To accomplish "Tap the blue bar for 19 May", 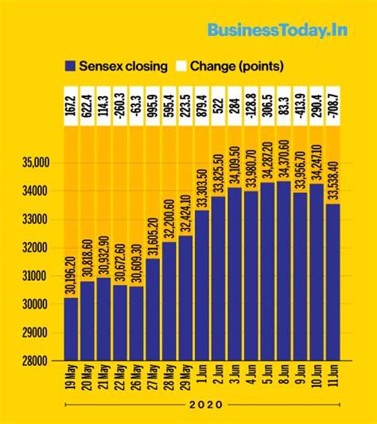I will coord(72,328).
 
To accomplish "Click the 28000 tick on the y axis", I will coord(35,360).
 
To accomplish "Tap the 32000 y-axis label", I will coord(35,247).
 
